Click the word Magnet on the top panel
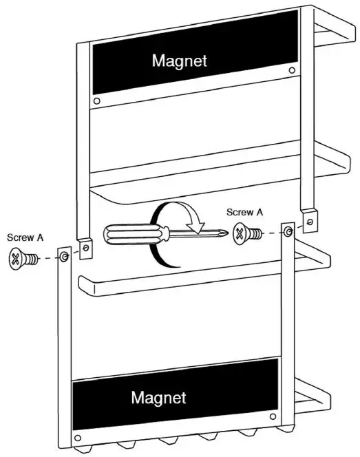[179, 61]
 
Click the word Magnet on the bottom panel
[158, 397]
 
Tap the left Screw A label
[25, 237]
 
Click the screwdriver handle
[127, 233]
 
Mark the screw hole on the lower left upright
[63, 257]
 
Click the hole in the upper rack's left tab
[86, 245]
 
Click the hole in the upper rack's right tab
[310, 222]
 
